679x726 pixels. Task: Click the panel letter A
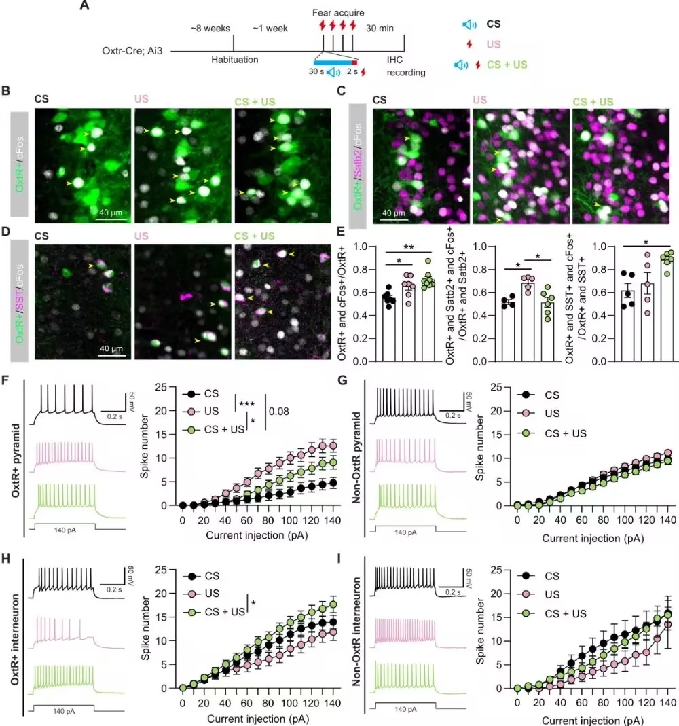pos(84,5)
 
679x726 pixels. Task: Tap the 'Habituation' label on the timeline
pos(235,60)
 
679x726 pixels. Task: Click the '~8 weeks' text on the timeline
pos(210,29)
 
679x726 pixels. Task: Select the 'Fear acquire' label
pos(338,12)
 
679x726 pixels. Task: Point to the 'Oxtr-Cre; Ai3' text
pos(132,50)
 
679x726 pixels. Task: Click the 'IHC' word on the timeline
pos(394,60)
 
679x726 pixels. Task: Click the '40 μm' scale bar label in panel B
pos(111,213)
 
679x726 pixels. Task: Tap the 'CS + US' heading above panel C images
pos(593,101)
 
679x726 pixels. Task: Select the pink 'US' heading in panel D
pos(141,236)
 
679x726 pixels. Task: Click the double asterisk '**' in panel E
pos(408,248)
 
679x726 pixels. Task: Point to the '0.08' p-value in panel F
pos(278,411)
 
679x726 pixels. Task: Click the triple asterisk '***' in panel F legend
pos(246,404)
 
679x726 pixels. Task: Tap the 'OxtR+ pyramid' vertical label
pos(15,460)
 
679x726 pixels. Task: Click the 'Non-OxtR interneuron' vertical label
pos(356,632)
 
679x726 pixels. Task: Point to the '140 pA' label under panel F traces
pos(65,530)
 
